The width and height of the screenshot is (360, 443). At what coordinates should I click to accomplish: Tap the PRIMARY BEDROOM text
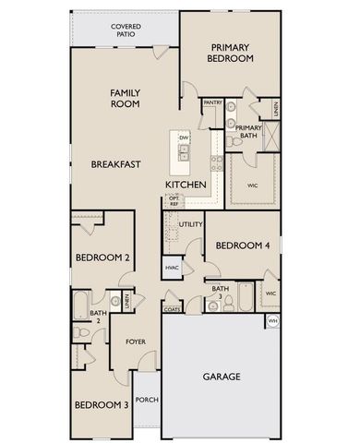click(232, 53)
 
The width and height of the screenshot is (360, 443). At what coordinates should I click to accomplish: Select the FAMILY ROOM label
click(125, 98)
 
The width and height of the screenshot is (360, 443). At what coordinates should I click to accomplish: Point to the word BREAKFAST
click(115, 164)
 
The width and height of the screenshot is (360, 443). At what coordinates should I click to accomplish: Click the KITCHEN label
click(186, 185)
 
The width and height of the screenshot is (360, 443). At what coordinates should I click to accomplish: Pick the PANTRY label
click(212, 102)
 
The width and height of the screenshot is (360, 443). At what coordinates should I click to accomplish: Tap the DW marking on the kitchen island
click(184, 138)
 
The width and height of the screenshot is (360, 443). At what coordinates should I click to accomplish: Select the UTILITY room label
click(191, 224)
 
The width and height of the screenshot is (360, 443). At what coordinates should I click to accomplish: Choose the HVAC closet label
click(172, 268)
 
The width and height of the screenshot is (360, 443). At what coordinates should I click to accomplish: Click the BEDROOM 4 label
click(243, 245)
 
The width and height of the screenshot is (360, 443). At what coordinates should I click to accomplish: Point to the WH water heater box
click(272, 320)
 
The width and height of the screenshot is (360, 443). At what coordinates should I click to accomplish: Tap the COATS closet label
click(172, 309)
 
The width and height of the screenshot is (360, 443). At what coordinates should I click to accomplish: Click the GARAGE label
click(222, 376)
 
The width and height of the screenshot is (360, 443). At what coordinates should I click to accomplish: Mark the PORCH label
click(146, 400)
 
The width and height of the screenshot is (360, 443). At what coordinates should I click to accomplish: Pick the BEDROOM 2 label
click(101, 257)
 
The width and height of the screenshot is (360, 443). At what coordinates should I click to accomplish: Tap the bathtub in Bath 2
click(79, 305)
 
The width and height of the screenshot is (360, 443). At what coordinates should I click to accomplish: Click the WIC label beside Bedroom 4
click(270, 293)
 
